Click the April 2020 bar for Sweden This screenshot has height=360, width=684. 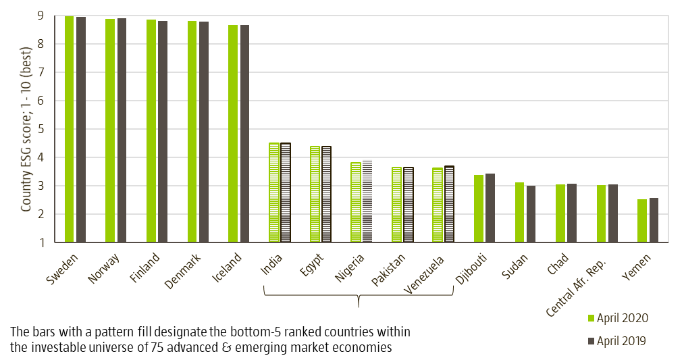[69, 128]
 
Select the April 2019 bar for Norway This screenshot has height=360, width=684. [122, 130]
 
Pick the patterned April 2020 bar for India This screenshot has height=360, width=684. [273, 192]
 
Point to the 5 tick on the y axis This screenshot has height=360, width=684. [41, 129]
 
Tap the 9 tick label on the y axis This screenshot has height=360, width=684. [41, 16]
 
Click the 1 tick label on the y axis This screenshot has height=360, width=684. [41, 242]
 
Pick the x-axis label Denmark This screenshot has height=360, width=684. [182, 271]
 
